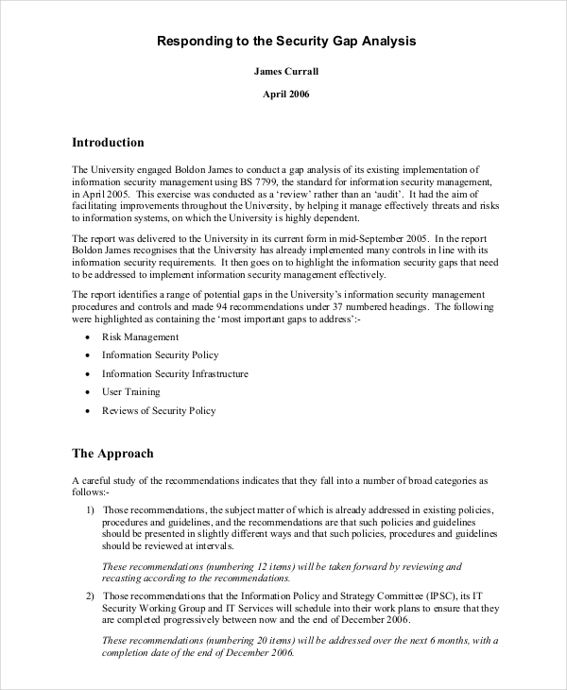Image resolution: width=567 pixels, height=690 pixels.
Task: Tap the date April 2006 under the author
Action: pos(284,95)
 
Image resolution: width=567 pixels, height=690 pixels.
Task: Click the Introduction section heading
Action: pos(108,143)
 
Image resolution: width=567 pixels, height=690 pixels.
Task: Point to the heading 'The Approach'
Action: pos(112,454)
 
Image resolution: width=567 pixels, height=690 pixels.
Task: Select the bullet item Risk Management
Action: pos(140,336)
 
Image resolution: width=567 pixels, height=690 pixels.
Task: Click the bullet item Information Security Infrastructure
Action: pos(175,373)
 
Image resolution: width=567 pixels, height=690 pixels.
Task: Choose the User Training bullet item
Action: pos(131,391)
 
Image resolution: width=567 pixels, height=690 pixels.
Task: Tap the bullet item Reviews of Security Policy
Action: pos(159,410)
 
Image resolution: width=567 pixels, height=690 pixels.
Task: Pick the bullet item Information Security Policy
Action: pos(160,354)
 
